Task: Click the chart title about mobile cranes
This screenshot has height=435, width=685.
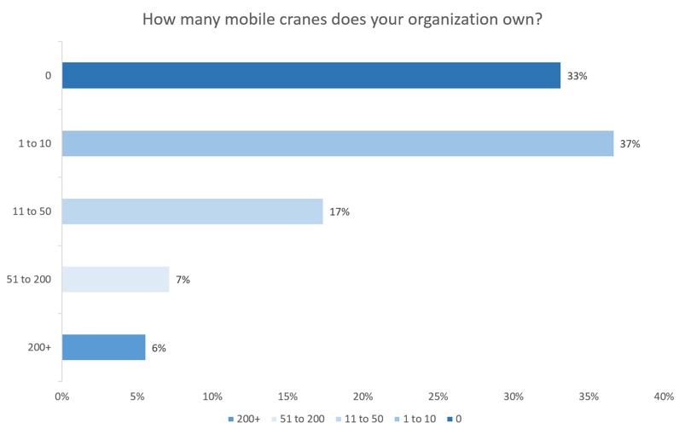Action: [x=342, y=19]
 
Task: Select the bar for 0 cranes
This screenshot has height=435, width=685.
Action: [x=311, y=75]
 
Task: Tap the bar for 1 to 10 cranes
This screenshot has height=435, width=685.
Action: [x=338, y=143]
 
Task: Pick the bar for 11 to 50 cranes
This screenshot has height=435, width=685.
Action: [x=192, y=212]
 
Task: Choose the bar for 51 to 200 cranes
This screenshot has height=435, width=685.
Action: [x=116, y=280]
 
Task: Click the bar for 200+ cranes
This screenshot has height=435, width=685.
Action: [x=104, y=347]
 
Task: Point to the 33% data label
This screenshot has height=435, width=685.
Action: [x=577, y=76]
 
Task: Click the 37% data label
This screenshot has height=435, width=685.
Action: [x=630, y=144]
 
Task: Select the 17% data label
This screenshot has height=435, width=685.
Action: [x=340, y=212]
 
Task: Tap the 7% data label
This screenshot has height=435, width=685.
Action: [x=183, y=280]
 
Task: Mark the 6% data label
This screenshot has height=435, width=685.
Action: [x=159, y=348]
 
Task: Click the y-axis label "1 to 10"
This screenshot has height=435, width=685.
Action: [x=35, y=144]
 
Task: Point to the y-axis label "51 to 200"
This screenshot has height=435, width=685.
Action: [x=30, y=280]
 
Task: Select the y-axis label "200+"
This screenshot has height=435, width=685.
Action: [x=40, y=348]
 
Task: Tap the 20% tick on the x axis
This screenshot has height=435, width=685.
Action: [x=363, y=397]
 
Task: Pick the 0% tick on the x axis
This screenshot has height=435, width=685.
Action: [x=61, y=397]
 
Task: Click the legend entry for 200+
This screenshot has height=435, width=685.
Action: [x=243, y=419]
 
